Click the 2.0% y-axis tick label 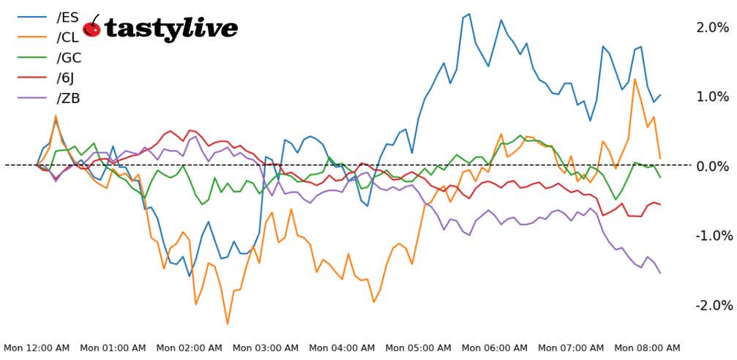click(x=712, y=28)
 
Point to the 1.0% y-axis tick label click(x=712, y=97)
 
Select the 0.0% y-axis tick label click(x=712, y=166)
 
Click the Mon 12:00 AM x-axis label click(x=36, y=348)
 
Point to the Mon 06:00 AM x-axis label click(x=495, y=348)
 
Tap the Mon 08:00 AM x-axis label click(x=647, y=348)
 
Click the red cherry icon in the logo click(x=91, y=27)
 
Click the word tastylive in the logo click(x=171, y=29)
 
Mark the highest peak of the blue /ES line click(x=469, y=13)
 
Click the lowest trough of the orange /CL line click(x=227, y=323)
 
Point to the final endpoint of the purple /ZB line click(x=660, y=273)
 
